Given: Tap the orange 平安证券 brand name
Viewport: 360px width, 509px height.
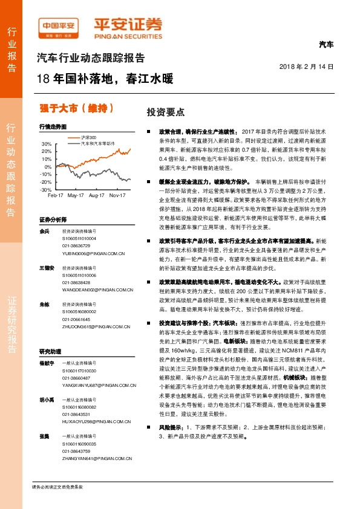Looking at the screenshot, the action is pos(127,26).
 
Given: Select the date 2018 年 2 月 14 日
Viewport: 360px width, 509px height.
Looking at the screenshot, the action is pos(307,65).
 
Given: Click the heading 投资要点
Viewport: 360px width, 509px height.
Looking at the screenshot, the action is pos(165,112).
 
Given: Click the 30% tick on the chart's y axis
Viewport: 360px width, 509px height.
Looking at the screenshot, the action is pos(46,144).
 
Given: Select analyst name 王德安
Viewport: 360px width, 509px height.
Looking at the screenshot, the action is pos(47,267).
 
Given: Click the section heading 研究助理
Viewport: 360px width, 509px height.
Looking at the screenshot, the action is pos(51,351).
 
